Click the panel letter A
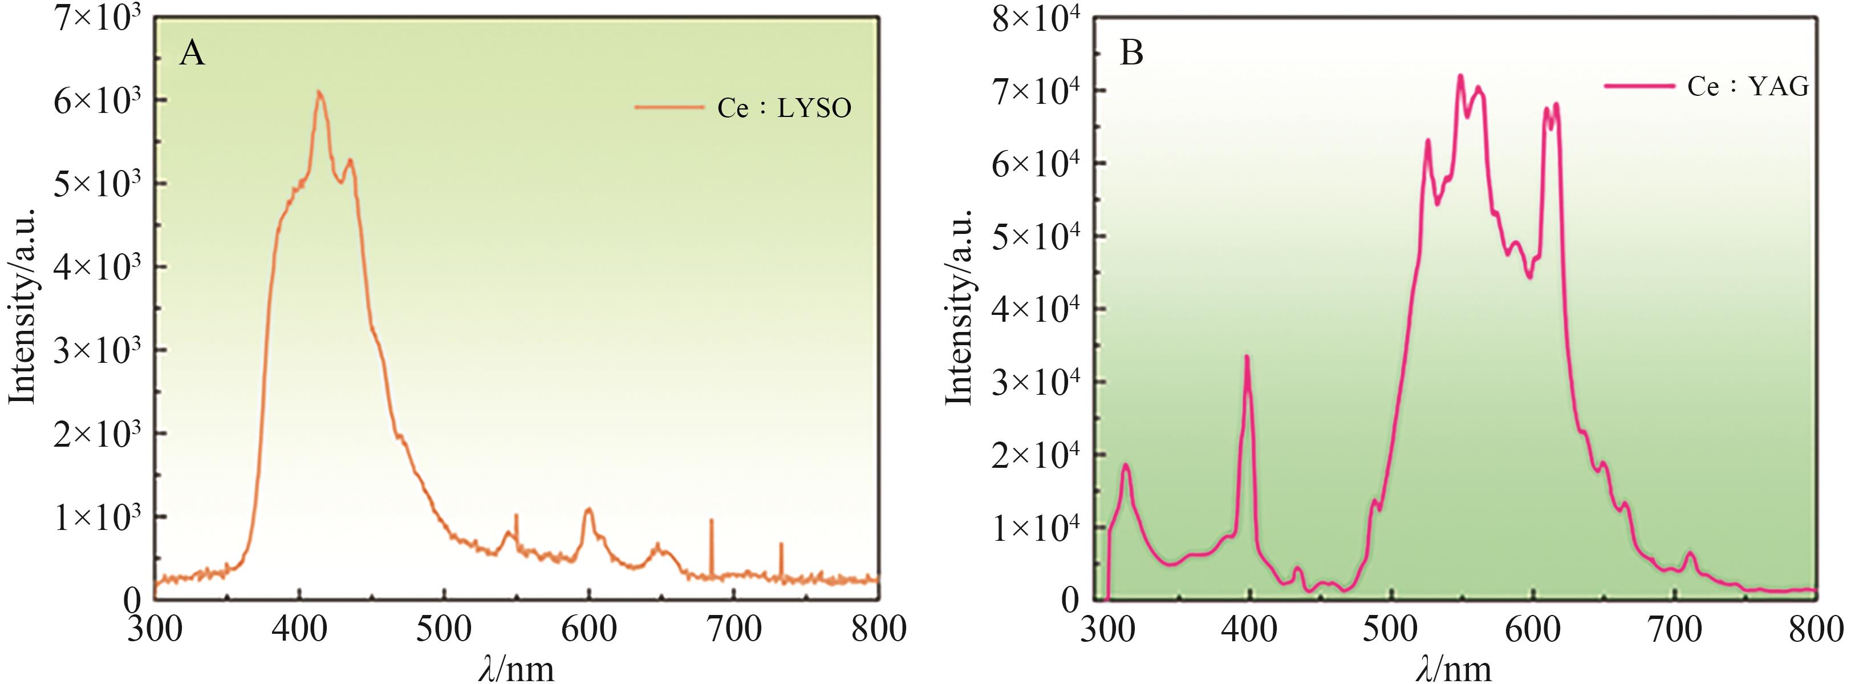(x=192, y=54)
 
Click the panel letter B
(x=1132, y=54)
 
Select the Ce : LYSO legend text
(x=784, y=108)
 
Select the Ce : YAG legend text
(x=1748, y=86)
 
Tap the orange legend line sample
(x=668, y=108)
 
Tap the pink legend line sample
(x=1640, y=86)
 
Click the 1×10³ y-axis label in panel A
(x=96, y=517)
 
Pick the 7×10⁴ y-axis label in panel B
(x=1036, y=91)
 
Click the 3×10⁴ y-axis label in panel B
(x=1036, y=382)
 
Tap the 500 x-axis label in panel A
(x=444, y=629)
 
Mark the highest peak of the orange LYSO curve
(x=319, y=92)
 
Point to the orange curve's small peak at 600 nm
(x=589, y=509)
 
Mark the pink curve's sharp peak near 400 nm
(x=1248, y=357)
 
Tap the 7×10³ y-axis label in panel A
(x=96, y=17)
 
